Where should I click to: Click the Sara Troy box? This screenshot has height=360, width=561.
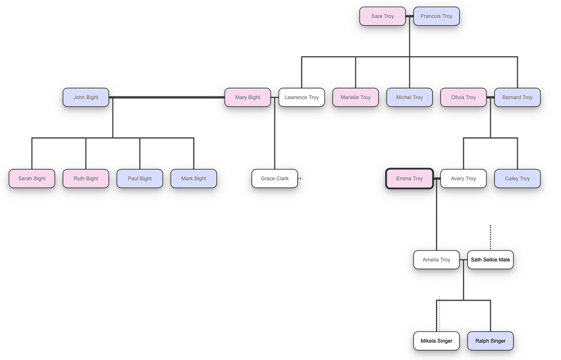382,16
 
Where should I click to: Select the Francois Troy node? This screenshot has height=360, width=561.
436,16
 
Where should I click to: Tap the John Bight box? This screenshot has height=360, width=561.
86,98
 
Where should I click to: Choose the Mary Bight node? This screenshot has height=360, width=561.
247,98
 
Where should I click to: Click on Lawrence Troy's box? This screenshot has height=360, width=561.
301,98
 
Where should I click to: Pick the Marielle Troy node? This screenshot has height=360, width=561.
355,98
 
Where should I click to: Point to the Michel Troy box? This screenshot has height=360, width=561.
410,98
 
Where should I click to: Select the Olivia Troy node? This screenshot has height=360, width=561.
463,98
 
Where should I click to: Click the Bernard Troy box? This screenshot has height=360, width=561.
517,98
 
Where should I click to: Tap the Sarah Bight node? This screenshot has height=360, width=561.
32,179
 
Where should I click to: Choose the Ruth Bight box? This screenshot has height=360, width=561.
86,179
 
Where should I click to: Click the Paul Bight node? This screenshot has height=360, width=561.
140,179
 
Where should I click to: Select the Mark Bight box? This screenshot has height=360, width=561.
194,179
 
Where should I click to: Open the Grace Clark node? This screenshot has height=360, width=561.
274,179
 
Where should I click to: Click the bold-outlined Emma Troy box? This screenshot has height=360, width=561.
410,179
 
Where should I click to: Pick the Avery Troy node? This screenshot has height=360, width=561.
463,179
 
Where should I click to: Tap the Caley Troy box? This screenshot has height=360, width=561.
517,179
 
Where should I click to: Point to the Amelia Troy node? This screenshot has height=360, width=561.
436,260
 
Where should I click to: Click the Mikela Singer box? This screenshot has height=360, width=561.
436,341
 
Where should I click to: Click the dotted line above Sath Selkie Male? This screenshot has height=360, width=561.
490,237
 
